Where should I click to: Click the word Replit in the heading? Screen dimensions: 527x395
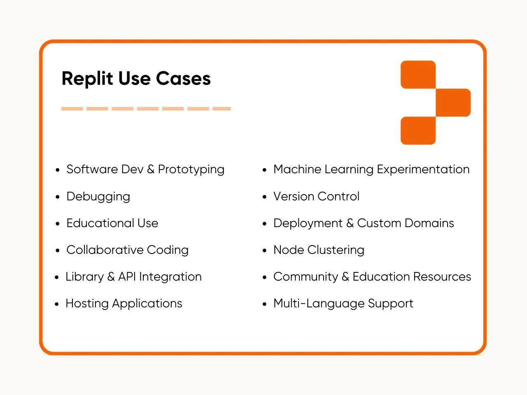tap(87, 79)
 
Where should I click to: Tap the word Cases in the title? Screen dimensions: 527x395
tap(184, 79)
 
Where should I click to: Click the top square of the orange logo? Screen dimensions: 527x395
tap(418, 74)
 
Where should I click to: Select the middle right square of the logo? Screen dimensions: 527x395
tap(453, 102)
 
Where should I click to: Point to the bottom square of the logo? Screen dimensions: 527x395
tap(418, 131)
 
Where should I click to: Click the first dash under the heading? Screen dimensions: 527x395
tap(72, 109)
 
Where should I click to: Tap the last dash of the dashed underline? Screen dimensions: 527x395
tap(222, 109)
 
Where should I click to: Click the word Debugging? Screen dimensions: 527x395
tap(98, 197)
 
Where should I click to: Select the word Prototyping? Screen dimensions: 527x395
tap(191, 170)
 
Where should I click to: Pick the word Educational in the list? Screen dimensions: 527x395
tap(100, 223)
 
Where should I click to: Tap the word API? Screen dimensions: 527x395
tap(127, 276)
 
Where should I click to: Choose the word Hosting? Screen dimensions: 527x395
tap(87, 304)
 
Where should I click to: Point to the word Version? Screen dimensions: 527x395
tap(294, 196)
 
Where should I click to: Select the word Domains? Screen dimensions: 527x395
tap(429, 223)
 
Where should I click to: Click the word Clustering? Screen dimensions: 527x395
tap(336, 251)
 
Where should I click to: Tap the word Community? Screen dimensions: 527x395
tap(305, 277)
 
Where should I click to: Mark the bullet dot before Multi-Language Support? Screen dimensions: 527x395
tap(265, 304)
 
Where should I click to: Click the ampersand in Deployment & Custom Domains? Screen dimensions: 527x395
tap(350, 223)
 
